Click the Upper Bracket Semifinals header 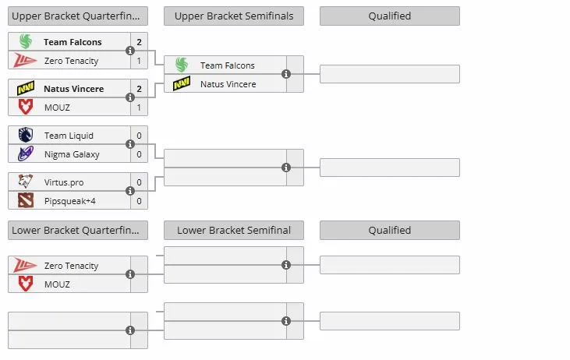click(234, 16)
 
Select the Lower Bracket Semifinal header click(234, 231)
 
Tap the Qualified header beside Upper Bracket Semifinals click(390, 16)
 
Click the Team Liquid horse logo click(26, 135)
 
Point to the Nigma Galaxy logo click(26, 154)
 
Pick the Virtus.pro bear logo click(26, 182)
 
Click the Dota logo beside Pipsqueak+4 click(26, 200)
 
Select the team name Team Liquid click(69, 136)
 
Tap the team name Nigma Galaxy click(72, 154)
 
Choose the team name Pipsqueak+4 click(70, 201)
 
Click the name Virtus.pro click(64, 182)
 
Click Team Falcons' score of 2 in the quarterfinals click(139, 42)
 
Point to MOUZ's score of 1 click(139, 108)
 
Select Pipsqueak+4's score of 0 click(139, 201)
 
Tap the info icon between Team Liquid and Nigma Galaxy click(130, 144)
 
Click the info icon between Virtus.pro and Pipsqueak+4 click(130, 191)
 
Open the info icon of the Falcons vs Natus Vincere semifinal click(286, 74)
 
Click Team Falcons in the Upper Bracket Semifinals click(227, 65)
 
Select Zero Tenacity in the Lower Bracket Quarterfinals click(71, 266)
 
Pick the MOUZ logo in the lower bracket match click(26, 284)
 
